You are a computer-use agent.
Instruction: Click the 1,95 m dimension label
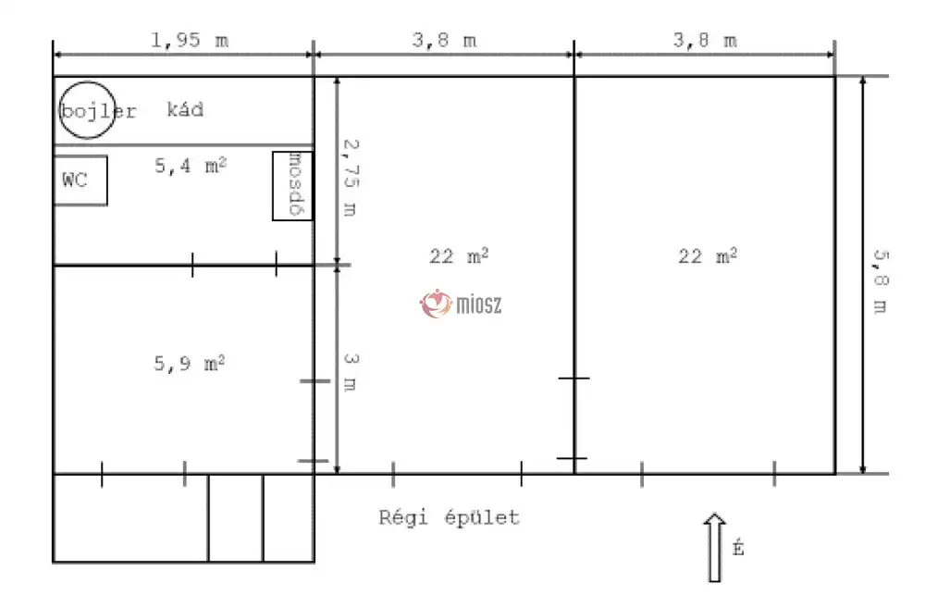click(190, 40)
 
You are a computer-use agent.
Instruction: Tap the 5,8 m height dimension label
click(881, 281)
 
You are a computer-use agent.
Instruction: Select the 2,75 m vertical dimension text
click(351, 178)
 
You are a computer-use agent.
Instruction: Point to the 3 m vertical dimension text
click(351, 372)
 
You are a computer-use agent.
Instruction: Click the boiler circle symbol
click(88, 82)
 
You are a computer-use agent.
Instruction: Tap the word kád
click(185, 110)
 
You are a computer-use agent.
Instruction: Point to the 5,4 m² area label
click(191, 166)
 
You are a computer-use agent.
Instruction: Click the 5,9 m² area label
click(190, 363)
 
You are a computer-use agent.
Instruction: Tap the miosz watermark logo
click(462, 304)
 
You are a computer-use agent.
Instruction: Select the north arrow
click(714, 547)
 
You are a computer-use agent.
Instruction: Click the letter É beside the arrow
click(738, 548)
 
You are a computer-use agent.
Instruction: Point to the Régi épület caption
click(449, 517)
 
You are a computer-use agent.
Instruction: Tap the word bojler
click(99, 111)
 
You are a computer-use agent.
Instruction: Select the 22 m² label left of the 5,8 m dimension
click(708, 256)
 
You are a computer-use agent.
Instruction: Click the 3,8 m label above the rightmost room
click(705, 40)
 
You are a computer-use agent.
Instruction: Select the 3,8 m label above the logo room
click(444, 40)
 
